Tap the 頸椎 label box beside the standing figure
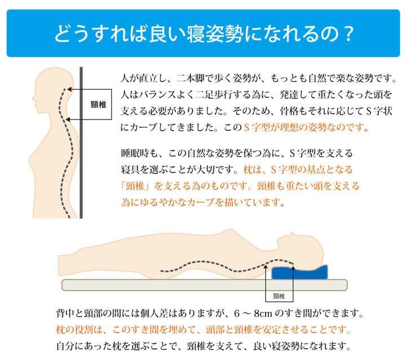(x=98, y=105)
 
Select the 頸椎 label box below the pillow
(x=278, y=295)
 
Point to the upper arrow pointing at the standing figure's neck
(x=69, y=88)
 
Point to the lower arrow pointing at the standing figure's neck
(x=69, y=119)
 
